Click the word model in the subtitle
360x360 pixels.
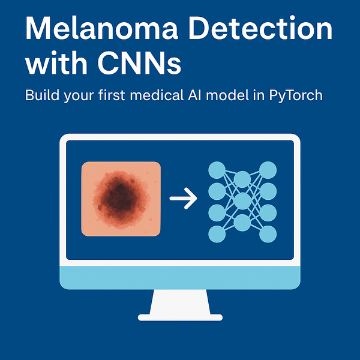[x=234, y=95]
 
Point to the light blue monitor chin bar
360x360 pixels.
[x=180, y=277]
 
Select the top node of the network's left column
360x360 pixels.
[x=217, y=170]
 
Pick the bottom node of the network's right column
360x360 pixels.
[x=268, y=234]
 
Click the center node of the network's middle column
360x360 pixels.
[x=242, y=201]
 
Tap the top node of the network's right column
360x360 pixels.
[x=268, y=170]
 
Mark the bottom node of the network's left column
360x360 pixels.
[x=217, y=234]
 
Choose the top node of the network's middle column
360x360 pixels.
[x=242, y=179]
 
